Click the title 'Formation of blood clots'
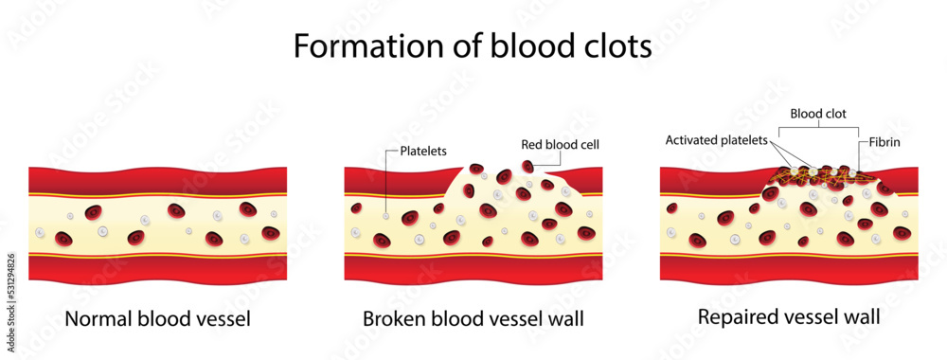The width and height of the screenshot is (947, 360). point(472,45)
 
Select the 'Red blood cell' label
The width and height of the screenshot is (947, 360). point(562,145)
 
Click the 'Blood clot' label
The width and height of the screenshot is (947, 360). point(819,114)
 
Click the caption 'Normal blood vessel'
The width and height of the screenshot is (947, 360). point(157,318)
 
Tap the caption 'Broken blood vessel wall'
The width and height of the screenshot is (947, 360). point(473,318)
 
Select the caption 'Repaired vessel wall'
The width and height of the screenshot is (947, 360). point(788,316)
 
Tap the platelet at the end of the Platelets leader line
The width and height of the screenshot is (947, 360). point(386,217)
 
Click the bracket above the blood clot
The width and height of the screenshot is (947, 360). point(819,127)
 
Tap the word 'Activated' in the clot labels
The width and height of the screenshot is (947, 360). point(693,140)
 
